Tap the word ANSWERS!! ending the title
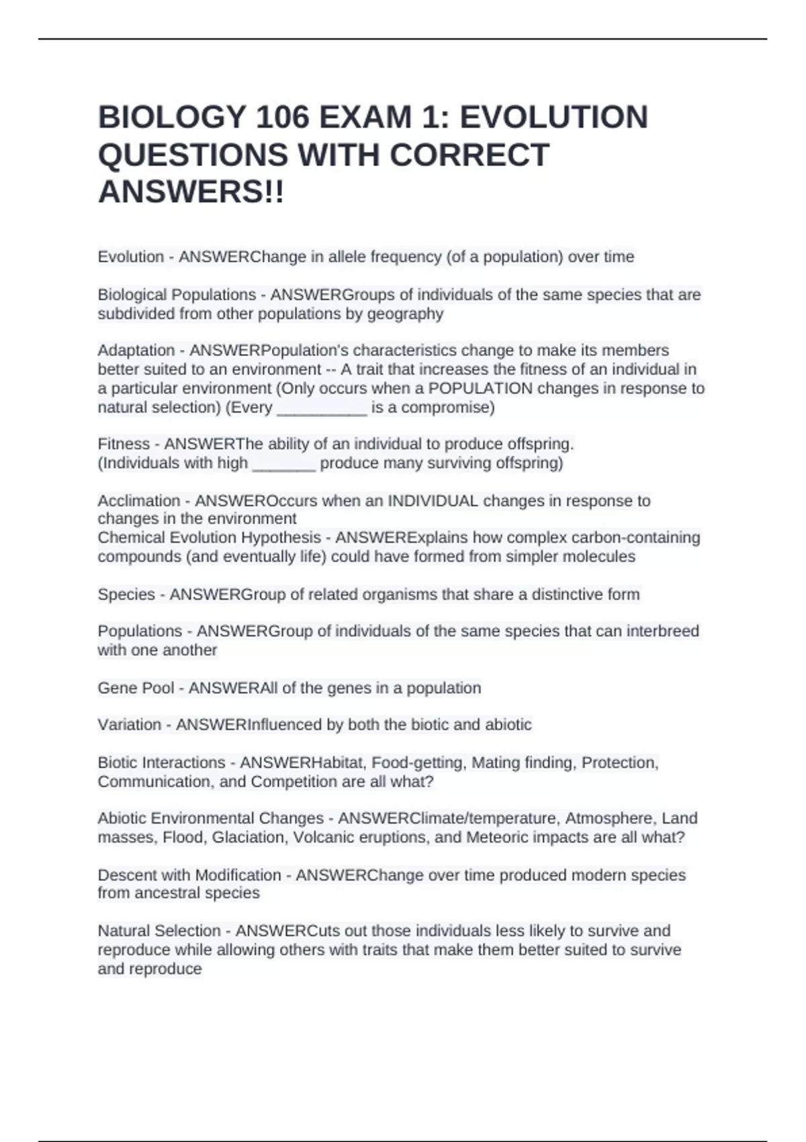coord(191,193)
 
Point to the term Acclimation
coord(139,501)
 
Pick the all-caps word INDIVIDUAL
coord(433,501)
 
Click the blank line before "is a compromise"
coord(322,408)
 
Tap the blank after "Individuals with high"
coord(283,464)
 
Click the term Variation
coord(130,725)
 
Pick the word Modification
coord(238,875)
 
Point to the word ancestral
coord(181,893)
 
